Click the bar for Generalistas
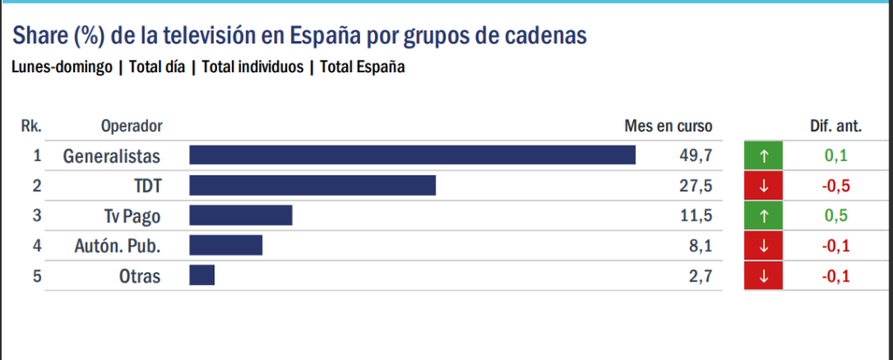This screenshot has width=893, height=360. click(x=412, y=155)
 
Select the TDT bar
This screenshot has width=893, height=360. click(x=312, y=186)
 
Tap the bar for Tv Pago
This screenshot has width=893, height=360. click(x=241, y=216)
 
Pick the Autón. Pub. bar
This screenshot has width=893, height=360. click(x=226, y=246)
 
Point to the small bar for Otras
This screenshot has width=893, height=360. click(x=201, y=276)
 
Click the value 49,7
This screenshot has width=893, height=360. click(x=696, y=155)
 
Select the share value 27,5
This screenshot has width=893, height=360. click(x=696, y=186)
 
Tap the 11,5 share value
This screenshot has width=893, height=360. click(x=696, y=216)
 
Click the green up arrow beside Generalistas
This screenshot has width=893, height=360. click(x=764, y=156)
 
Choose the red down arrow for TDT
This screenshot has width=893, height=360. click(x=764, y=186)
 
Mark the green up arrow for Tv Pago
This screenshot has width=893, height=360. click(x=764, y=216)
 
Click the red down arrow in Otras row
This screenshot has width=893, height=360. click(x=764, y=276)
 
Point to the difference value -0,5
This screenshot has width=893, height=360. click(x=835, y=186)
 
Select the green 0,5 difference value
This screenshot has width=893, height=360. click(x=835, y=216)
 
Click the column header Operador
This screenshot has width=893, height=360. click(x=132, y=126)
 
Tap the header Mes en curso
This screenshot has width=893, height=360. click(x=669, y=126)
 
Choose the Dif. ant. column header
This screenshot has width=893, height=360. click(x=835, y=126)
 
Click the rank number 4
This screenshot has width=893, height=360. click(x=37, y=246)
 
